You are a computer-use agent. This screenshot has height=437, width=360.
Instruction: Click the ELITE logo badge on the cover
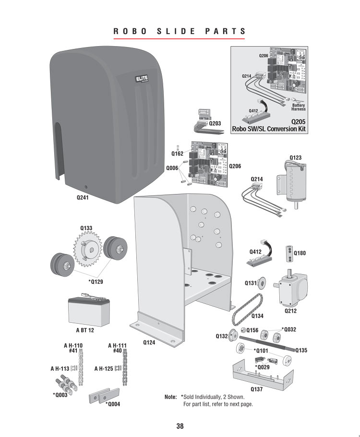coord(142,79)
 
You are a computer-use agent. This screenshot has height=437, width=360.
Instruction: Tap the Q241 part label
coord(83,197)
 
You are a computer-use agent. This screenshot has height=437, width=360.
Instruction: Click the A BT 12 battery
coord(89,311)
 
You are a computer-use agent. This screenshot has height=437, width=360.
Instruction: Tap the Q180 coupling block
coord(289,254)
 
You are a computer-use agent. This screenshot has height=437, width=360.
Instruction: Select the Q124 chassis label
coord(149,342)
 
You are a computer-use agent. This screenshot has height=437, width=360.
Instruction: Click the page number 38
coord(180,426)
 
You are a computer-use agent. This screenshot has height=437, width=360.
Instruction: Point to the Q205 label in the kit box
coord(298,122)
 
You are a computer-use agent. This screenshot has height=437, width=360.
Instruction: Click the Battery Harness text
coord(299,107)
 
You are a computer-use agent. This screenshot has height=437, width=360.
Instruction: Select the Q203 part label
coord(215,123)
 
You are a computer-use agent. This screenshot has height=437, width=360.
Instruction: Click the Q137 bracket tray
coord(263,375)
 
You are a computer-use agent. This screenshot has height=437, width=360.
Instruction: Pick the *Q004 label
coord(113,404)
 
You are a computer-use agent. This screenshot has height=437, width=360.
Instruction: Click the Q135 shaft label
coord(301,350)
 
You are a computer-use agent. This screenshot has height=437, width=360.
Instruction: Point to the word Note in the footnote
coord(170,397)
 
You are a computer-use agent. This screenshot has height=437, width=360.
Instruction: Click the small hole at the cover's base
coord(86,187)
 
